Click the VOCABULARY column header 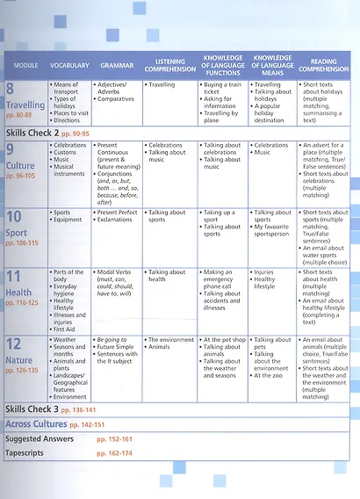click(x=70, y=66)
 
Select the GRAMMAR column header click(x=117, y=66)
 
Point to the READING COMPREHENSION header click(x=323, y=66)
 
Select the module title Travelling click(x=25, y=105)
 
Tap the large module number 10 click(x=15, y=217)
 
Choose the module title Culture click(x=20, y=165)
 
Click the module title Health click(x=18, y=293)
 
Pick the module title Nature click(x=19, y=359)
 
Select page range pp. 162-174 click(x=114, y=452)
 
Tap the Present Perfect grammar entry click(x=119, y=213)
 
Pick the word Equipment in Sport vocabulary click(x=70, y=220)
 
